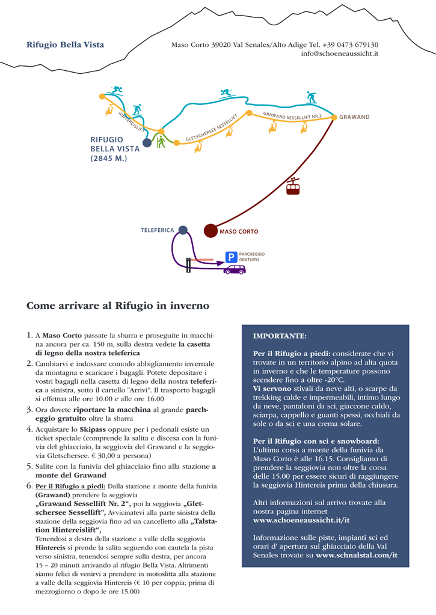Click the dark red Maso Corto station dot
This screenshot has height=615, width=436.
tap(210, 231)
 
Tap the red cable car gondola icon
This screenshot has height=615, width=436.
tap(293, 187)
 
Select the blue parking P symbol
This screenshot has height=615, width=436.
tap(231, 257)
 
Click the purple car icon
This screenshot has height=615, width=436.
tap(235, 270)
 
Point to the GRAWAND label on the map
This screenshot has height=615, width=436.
tap(354, 117)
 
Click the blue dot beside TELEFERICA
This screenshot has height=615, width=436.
tap(183, 229)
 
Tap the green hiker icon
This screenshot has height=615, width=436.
tap(161, 142)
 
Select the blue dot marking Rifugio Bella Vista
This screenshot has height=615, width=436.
tap(147, 142)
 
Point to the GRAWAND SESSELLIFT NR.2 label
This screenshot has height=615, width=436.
tap(292, 115)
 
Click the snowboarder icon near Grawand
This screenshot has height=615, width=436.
tap(311, 97)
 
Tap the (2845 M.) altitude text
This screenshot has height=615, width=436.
tap(109, 159)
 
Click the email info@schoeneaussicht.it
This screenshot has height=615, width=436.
tap(339, 54)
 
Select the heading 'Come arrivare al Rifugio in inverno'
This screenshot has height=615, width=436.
tap(118, 306)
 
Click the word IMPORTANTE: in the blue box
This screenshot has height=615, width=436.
tap(280, 336)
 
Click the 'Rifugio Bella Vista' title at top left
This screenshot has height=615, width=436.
tap(65, 44)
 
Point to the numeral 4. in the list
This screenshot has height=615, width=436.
tap(29, 429)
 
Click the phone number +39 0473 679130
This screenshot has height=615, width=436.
tap(351, 44)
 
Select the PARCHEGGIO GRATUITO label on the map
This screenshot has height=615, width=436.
tap(251, 257)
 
